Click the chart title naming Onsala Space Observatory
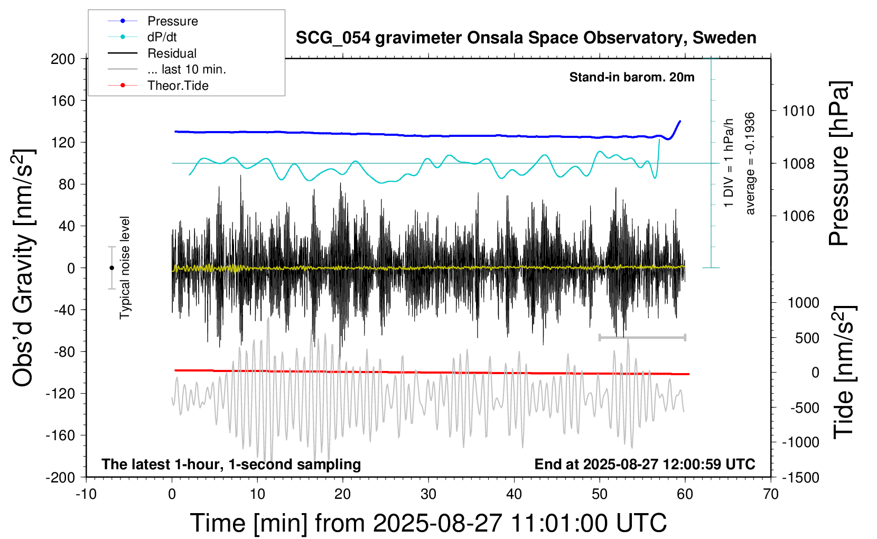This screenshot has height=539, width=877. (x=526, y=38)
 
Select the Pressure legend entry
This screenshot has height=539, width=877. (x=172, y=21)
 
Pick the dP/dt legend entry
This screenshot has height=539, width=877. (x=162, y=37)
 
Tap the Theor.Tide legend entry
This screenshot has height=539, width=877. (x=178, y=86)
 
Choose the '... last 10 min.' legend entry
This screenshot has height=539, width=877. (x=186, y=69)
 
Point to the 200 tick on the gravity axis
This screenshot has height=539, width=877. (x=63, y=59)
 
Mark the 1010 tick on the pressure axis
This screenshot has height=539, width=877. (x=798, y=111)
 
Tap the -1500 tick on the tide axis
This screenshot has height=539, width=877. (x=801, y=478)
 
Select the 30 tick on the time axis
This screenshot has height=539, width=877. (x=428, y=495)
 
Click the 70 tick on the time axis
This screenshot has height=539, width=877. (x=771, y=495)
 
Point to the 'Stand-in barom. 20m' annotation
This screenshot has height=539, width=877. (x=632, y=77)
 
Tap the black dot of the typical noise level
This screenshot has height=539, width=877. (x=111, y=268)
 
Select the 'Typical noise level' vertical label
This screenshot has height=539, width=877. (x=125, y=268)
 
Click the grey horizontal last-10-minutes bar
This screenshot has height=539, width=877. (x=642, y=337)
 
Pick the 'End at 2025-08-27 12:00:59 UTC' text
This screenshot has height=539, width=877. (x=645, y=464)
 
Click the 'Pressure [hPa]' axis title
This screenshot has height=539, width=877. (x=839, y=164)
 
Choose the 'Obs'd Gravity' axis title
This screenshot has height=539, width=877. (x=23, y=268)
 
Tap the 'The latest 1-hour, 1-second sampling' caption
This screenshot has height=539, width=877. (x=231, y=464)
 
